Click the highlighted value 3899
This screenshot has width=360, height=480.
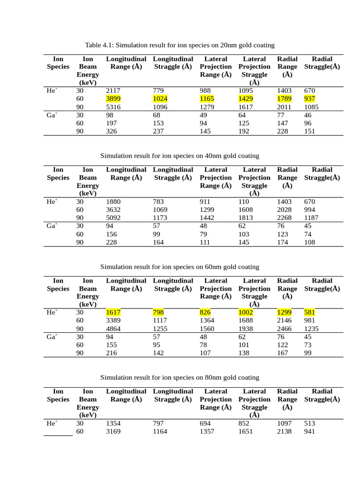[113, 99]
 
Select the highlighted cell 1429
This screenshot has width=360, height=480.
[246, 99]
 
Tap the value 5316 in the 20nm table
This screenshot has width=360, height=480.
[113, 107]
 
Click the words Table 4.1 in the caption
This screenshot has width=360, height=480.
[99, 45]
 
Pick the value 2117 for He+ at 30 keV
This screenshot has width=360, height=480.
[113, 90]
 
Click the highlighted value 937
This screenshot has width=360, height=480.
[309, 99]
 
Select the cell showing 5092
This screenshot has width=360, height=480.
[113, 217]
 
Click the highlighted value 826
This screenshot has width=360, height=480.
[205, 312]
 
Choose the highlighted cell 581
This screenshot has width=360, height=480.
[309, 312]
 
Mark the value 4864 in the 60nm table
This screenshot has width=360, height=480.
[113, 329]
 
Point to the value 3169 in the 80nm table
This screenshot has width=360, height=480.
[113, 431]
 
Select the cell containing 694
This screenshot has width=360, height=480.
[205, 423]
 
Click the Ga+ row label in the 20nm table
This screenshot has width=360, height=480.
[52, 115]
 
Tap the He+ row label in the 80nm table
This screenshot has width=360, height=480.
[52, 423]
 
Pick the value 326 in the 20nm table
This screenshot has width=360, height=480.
[112, 131]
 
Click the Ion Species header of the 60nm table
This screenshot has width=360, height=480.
[58, 285]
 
